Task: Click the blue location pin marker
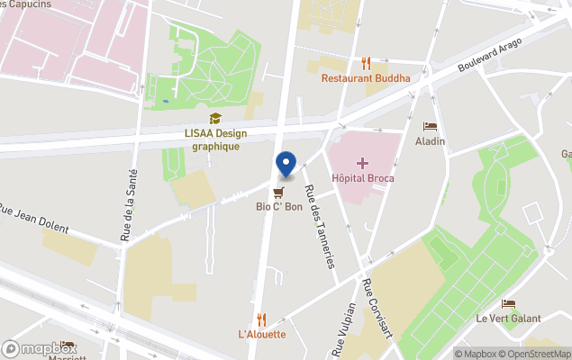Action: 286,164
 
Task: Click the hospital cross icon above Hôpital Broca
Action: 361,162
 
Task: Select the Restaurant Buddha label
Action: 366,78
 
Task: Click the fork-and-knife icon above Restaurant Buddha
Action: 366,63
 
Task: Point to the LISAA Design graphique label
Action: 215,139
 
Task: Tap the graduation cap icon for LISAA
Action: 215,119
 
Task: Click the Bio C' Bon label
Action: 279,206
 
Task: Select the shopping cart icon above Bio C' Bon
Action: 279,192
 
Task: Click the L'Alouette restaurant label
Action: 262,334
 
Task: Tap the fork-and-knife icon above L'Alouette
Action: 262,319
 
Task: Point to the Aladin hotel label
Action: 430,142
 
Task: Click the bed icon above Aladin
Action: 430,127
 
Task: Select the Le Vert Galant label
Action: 509,319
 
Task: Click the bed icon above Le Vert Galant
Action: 509,303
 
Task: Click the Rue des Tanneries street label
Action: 320,225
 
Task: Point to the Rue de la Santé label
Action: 126,205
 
